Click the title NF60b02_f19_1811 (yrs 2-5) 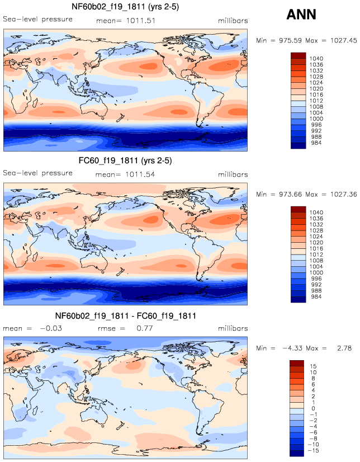125,7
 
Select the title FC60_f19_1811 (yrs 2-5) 125,161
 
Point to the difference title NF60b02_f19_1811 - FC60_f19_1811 125,316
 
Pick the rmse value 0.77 145,329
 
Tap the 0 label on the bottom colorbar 311,408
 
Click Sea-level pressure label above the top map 38,20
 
